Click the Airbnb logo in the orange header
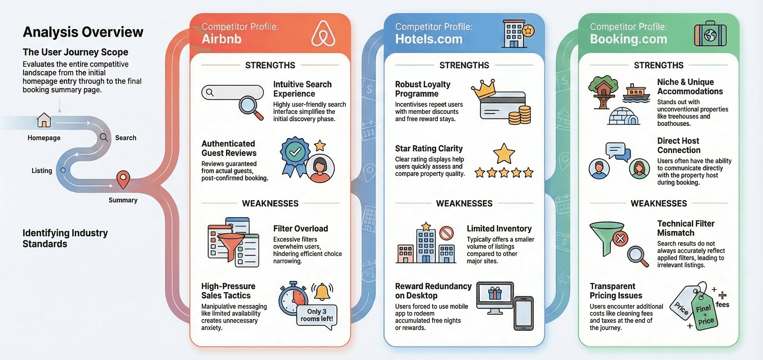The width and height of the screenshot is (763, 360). (x=323, y=34)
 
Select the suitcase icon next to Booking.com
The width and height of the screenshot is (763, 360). (x=710, y=34)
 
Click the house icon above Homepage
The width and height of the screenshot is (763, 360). (x=44, y=120)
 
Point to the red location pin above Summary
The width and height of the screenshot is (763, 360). (x=123, y=179)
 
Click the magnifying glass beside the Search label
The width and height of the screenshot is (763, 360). (x=104, y=137)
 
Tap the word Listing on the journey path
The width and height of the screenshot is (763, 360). (x=42, y=170)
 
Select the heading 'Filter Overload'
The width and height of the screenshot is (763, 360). (x=300, y=229)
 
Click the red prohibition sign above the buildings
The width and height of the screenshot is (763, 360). (x=446, y=233)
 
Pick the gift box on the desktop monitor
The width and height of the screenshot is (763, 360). (x=495, y=293)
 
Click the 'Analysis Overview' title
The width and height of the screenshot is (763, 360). (x=83, y=32)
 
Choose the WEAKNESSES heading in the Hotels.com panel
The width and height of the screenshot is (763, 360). (x=464, y=203)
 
